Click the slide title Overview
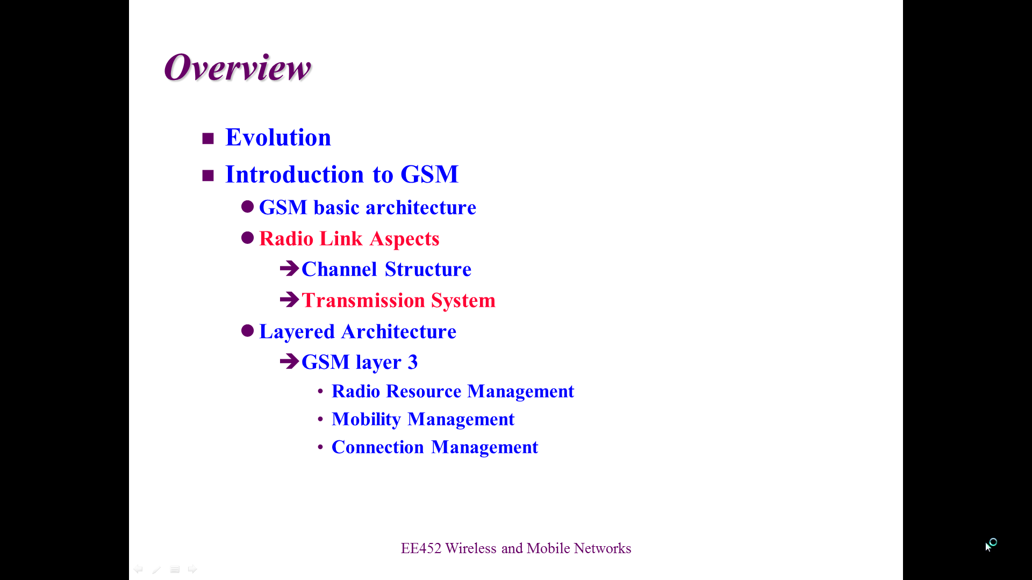point(238,68)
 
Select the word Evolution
point(278,137)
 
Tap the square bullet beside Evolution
point(208,139)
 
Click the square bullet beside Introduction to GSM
point(208,175)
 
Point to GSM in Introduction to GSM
point(429,174)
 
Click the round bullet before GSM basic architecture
point(247,207)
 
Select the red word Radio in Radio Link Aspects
point(286,238)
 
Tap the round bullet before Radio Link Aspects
point(247,238)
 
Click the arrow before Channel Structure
point(289,268)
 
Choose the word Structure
point(428,269)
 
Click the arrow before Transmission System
point(289,299)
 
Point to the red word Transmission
point(363,300)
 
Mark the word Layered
point(297,332)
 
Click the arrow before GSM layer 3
point(289,361)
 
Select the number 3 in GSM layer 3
point(413,363)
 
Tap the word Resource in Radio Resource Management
point(424,391)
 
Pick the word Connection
point(378,447)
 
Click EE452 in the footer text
point(421,548)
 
